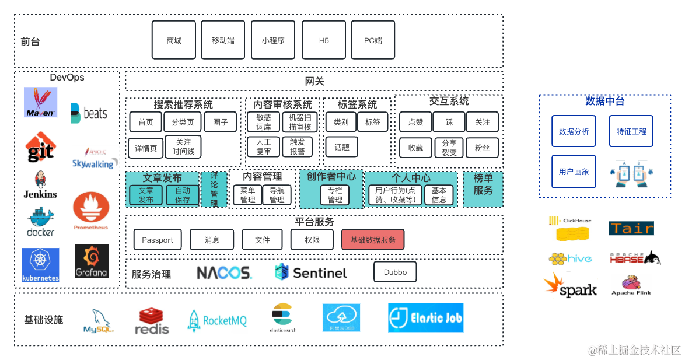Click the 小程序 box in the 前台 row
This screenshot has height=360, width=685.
(x=273, y=40)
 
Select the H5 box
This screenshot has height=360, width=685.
(x=324, y=40)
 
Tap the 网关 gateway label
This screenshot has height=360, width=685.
(x=314, y=81)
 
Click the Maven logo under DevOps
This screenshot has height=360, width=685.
(x=41, y=102)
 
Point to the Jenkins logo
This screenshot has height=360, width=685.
(x=40, y=185)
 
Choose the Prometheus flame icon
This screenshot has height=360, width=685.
(x=91, y=209)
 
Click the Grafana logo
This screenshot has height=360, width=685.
(x=92, y=261)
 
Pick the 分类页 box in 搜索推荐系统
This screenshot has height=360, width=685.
(x=183, y=122)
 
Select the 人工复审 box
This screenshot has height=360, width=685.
(x=264, y=146)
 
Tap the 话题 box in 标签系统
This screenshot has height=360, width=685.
(x=342, y=148)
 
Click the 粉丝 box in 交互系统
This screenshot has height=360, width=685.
(x=483, y=148)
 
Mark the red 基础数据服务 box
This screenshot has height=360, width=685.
(x=373, y=239)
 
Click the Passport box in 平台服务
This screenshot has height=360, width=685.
(x=158, y=239)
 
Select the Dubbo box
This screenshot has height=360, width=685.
(x=395, y=272)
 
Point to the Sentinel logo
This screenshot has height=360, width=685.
(x=311, y=272)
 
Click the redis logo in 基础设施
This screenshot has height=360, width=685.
(x=152, y=321)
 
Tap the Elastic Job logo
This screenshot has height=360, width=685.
(x=426, y=318)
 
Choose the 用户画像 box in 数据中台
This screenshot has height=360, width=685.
(x=574, y=172)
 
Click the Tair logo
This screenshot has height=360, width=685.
(x=631, y=228)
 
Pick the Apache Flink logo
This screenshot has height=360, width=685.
(x=631, y=285)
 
